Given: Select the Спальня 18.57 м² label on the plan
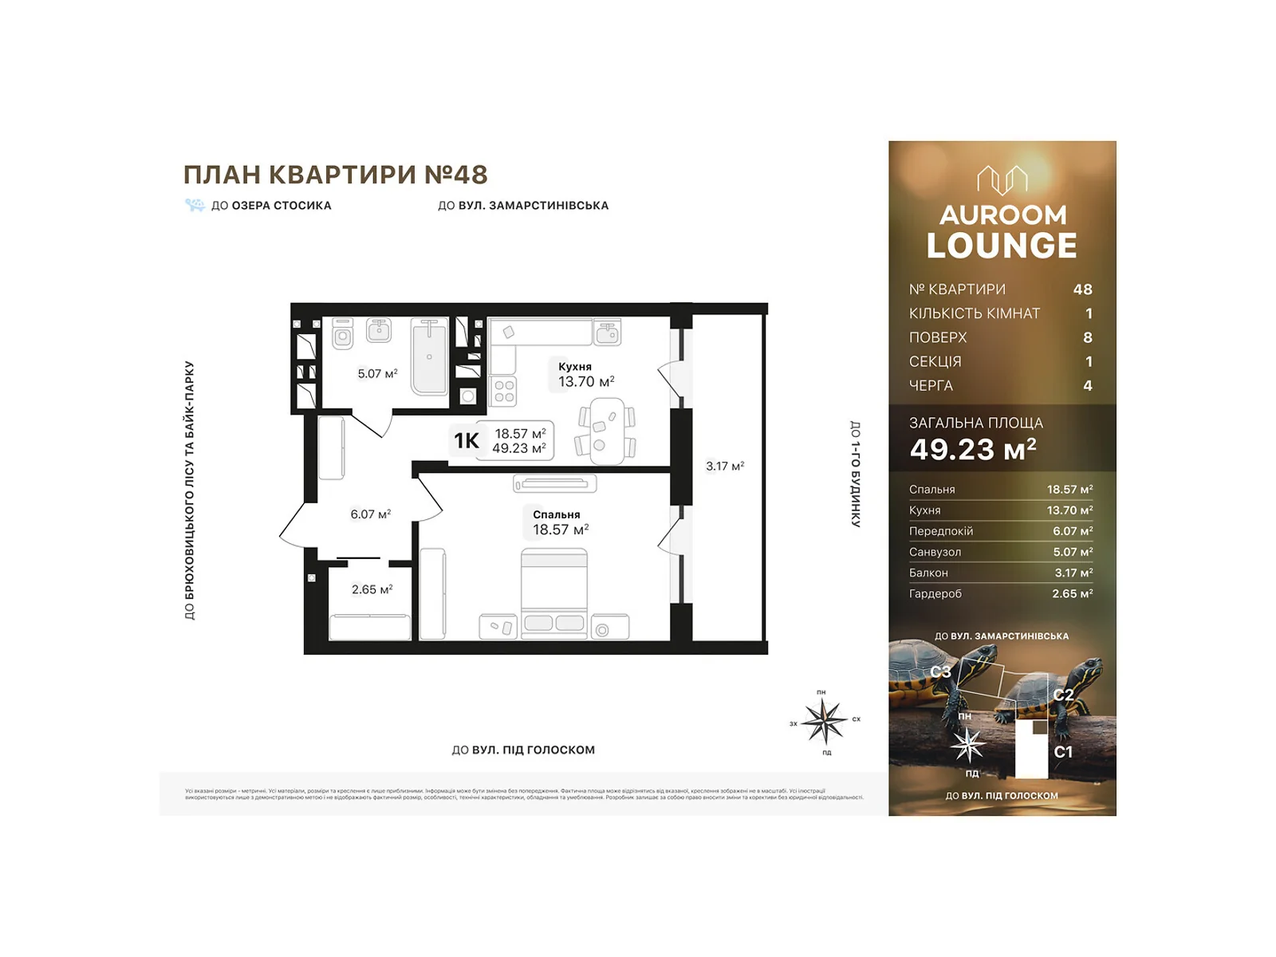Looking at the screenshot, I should click(559, 523).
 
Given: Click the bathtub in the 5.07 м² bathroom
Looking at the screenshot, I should click(429, 356).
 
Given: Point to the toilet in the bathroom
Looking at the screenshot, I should click(343, 333).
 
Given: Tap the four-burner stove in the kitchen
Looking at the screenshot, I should click(504, 391).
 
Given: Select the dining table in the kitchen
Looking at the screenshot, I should click(607, 431).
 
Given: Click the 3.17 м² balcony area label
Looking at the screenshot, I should click(724, 466).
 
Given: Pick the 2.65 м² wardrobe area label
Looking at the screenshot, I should click(372, 589).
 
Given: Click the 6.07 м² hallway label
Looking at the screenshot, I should click(370, 514).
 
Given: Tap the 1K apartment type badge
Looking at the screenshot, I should click(466, 440).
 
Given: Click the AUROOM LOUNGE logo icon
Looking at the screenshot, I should click(1002, 179).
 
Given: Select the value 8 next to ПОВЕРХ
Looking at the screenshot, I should click(1087, 337).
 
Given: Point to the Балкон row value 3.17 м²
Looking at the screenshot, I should click(1073, 573).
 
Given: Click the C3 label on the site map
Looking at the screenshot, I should click(939, 671).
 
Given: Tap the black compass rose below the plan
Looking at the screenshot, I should click(824, 721).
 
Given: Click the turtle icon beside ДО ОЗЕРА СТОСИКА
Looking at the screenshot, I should click(195, 205).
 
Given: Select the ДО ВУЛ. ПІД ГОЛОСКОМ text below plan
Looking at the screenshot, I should click(523, 750).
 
